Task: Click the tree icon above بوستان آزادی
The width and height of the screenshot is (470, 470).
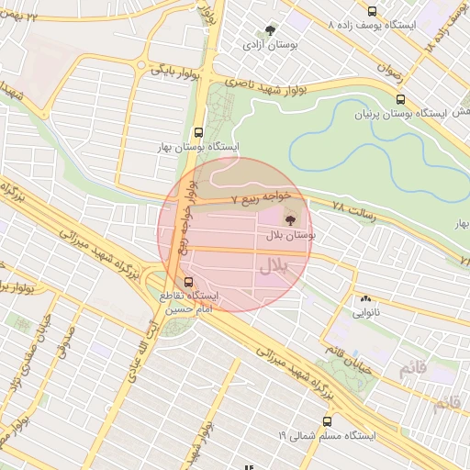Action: [269, 29]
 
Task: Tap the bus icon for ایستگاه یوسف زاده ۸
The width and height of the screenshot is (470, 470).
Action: [371, 12]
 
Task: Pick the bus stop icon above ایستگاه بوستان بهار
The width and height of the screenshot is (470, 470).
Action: [199, 131]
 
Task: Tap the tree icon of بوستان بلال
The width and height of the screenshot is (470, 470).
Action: [291, 219]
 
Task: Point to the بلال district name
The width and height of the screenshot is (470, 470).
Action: [274, 267]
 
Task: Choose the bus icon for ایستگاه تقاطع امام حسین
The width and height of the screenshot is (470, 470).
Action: [189, 281]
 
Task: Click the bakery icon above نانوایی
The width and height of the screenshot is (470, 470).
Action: [366, 298]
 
